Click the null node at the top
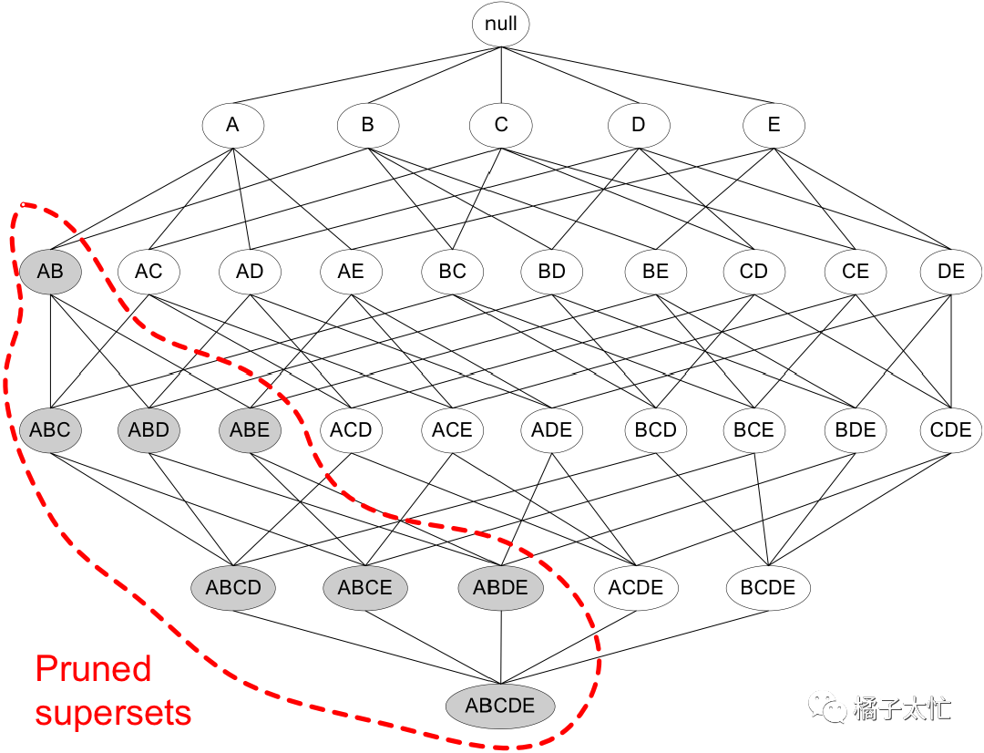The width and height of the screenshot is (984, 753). click(500, 25)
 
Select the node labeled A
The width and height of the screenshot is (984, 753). click(232, 125)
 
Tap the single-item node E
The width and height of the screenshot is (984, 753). click(774, 125)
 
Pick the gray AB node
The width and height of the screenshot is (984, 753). click(50, 272)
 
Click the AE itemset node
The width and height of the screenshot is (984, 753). click(351, 272)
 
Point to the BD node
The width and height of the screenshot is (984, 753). click(551, 272)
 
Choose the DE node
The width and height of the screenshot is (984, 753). click(950, 272)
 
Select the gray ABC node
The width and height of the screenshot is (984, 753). click(50, 429)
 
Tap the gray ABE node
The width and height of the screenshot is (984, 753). click(250, 429)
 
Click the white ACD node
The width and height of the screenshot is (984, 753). click(351, 429)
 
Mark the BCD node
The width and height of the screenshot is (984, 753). click(655, 429)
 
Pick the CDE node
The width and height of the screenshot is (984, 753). click(950, 429)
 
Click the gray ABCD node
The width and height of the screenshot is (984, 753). click(233, 588)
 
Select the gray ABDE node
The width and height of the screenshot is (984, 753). click(500, 588)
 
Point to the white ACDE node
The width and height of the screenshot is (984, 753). click(636, 588)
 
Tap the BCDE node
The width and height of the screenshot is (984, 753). click(768, 588)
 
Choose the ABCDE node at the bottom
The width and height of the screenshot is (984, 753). click(500, 706)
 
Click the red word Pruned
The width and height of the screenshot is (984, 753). click(94, 669)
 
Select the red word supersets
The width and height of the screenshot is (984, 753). click(113, 713)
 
